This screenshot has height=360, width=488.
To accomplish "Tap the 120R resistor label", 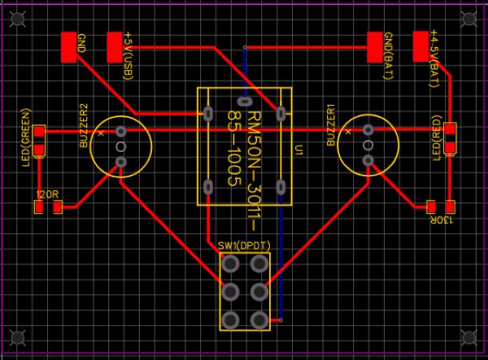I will coord(48,195).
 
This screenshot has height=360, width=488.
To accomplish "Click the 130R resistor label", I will coord(440,220).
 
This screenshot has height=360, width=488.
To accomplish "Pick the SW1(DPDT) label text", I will coord(243,245).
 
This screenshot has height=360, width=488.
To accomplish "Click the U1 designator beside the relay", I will coord(300,150).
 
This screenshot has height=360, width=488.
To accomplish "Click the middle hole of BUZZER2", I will coord(121,147).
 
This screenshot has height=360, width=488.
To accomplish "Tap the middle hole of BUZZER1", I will coord(368,146).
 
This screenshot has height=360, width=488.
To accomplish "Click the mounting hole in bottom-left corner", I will coord(18,336).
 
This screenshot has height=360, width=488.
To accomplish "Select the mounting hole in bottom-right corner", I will coord(469,336).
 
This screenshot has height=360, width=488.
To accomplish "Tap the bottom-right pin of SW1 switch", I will coord(259,319).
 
